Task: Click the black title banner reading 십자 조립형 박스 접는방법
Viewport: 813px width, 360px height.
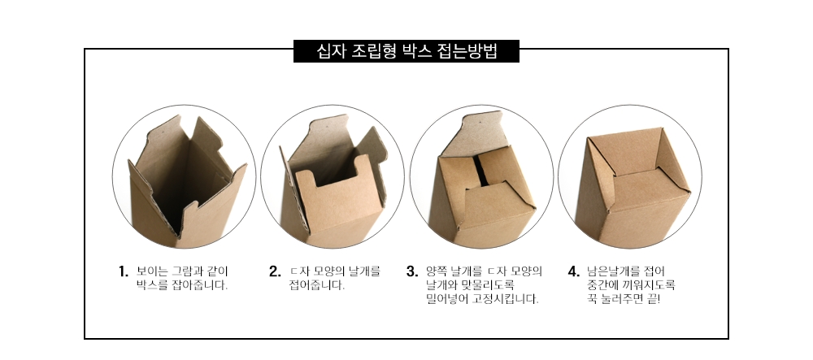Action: pyautogui.click(x=406, y=51)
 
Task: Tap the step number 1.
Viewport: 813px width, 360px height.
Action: pyautogui.click(x=123, y=271)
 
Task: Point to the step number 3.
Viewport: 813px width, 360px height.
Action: pyautogui.click(x=411, y=271)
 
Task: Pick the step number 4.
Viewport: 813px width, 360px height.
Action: pyautogui.click(x=573, y=271)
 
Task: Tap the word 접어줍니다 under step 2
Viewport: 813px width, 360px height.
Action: pyautogui.click(x=316, y=285)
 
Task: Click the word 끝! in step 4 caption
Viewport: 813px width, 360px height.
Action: pyautogui.click(x=654, y=299)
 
